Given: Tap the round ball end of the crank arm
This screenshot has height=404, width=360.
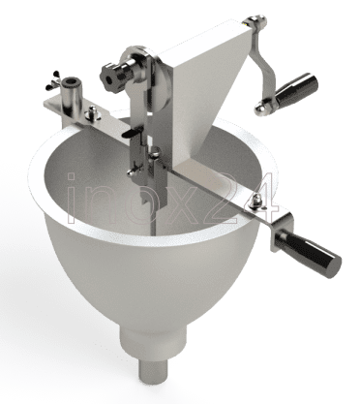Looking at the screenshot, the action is (x=261, y=109).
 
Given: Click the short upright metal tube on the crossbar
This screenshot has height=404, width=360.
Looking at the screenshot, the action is (x=71, y=93).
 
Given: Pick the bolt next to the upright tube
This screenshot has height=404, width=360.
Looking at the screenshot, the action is (x=93, y=113).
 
